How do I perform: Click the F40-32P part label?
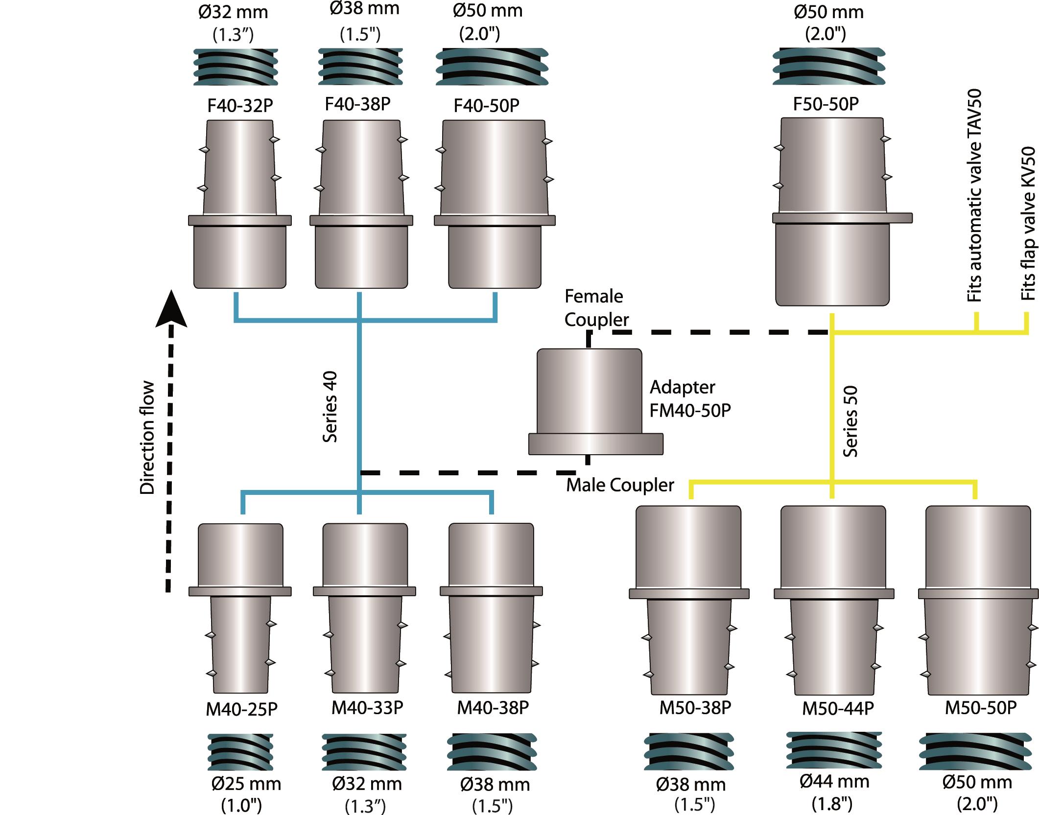click(x=240, y=106)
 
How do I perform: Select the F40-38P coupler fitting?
click(x=361, y=206)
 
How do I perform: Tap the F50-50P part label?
click(x=826, y=104)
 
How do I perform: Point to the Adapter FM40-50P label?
click(x=690, y=399)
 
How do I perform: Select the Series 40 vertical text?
click(x=331, y=406)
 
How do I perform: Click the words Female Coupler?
click(x=596, y=308)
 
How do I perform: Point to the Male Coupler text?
click(x=620, y=485)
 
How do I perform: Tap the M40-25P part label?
click(x=241, y=709)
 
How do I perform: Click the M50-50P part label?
click(x=980, y=708)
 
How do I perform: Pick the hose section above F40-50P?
click(x=492, y=66)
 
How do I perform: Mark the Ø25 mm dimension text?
click(x=246, y=784)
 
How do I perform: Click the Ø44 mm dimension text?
click(x=834, y=782)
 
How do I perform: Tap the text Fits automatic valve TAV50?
click(x=974, y=196)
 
